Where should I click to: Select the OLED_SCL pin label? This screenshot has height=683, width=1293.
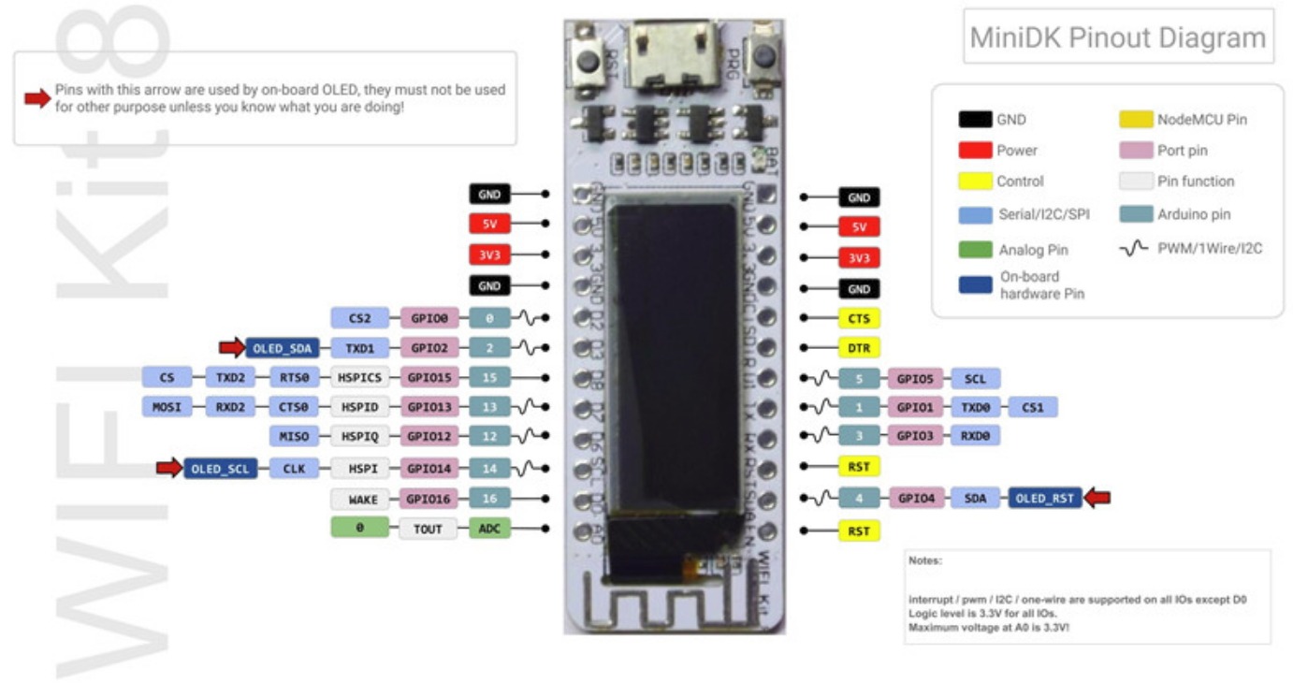point(220,469)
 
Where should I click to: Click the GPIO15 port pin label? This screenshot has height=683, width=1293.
point(429,379)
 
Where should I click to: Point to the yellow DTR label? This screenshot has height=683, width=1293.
point(859,348)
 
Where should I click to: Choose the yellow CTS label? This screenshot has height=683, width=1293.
point(859,318)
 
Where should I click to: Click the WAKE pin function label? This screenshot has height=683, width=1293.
point(363,500)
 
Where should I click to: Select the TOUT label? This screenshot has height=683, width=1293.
point(429,530)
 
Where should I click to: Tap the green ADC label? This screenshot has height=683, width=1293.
point(489,530)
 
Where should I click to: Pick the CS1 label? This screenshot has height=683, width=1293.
point(1032,408)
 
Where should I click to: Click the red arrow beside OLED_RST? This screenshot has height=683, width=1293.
point(1096,499)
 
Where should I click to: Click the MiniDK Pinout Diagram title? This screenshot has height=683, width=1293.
point(1117,38)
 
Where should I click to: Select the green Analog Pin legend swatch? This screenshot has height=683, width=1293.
point(975,250)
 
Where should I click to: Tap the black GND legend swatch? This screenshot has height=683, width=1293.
point(975,120)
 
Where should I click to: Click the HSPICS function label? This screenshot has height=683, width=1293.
point(363,379)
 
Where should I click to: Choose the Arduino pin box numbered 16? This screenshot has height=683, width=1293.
point(489,500)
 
